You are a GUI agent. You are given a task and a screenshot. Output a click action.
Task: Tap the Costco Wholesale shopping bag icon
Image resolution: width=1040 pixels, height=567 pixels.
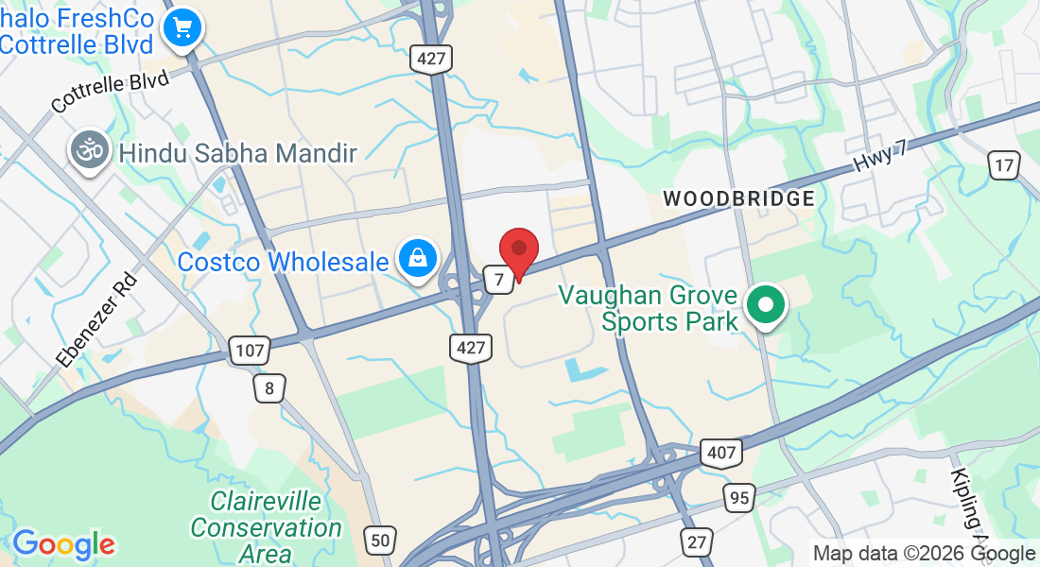coord(416,258)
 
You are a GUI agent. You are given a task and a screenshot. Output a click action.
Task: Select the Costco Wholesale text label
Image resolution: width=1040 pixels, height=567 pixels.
coord(283,262)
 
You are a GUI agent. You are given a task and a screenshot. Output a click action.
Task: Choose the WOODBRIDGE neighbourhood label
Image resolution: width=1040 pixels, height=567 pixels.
coord(738,198)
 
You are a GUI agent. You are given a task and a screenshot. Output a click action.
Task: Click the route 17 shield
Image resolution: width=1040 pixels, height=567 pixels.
coord(1004,165)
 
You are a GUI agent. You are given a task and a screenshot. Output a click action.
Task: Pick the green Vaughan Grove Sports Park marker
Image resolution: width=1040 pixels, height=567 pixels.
coord(766,305)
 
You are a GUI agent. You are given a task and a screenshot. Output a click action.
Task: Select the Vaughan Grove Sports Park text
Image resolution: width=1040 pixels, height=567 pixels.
coord(648,308)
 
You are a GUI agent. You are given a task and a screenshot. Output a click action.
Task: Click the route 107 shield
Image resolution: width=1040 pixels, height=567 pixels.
coord(250,352)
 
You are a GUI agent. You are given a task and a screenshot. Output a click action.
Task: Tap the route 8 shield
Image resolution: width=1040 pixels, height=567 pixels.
coord(269,387)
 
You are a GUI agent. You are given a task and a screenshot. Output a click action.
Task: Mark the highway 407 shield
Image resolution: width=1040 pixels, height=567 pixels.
coord(720,454)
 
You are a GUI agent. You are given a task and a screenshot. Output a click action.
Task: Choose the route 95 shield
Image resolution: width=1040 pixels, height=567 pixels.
coord(739,496)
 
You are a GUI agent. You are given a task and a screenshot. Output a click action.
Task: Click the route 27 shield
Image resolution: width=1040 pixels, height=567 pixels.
coord(697,542)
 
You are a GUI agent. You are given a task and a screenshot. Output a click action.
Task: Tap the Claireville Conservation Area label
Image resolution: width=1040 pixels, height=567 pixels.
coord(266,527)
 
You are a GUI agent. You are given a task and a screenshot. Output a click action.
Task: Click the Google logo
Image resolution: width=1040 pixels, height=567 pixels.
coord(63,544)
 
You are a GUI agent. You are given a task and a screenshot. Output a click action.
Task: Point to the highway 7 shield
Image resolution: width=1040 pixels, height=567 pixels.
coord(497,279)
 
